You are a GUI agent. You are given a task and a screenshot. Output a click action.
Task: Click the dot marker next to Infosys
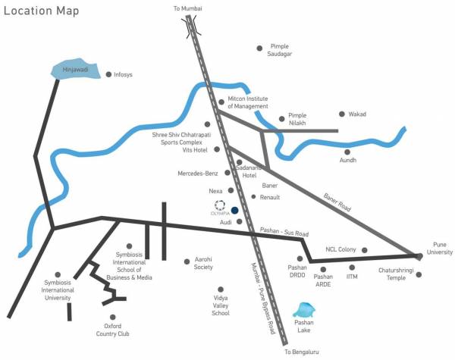[x=108, y=74]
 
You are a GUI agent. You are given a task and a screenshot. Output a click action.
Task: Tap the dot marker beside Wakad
[x=340, y=114]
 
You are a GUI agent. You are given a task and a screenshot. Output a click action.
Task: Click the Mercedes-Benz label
[x=198, y=174]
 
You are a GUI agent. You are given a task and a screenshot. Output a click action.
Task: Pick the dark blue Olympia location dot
[x=235, y=210]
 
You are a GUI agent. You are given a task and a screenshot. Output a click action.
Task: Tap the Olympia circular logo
[x=219, y=205]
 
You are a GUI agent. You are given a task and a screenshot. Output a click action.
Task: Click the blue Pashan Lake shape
[x=304, y=311]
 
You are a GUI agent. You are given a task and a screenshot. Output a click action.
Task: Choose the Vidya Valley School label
[x=221, y=305]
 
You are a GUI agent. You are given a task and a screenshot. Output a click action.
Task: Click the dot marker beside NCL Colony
[x=364, y=250]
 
